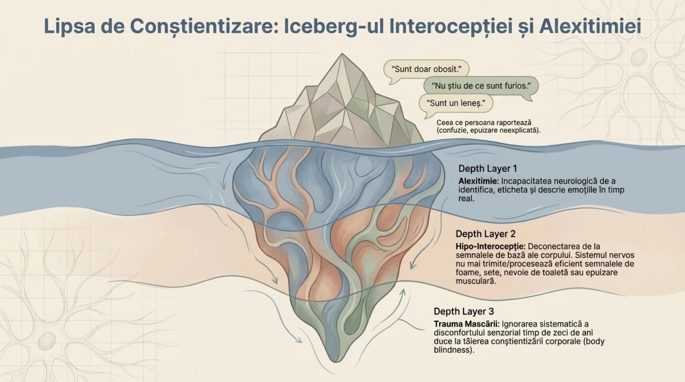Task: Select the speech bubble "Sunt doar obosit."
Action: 426,69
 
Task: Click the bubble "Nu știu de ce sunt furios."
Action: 481,86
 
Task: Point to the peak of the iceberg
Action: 342,54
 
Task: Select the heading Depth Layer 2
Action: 481,234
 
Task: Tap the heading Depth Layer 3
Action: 464,311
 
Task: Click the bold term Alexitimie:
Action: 479,181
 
